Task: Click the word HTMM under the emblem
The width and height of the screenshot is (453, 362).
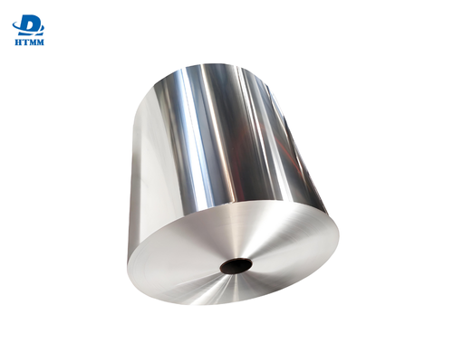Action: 28,41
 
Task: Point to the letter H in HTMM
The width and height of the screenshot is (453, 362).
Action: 16,41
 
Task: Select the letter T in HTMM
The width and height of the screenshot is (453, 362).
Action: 24,41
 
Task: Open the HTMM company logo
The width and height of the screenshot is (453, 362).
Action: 28,27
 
